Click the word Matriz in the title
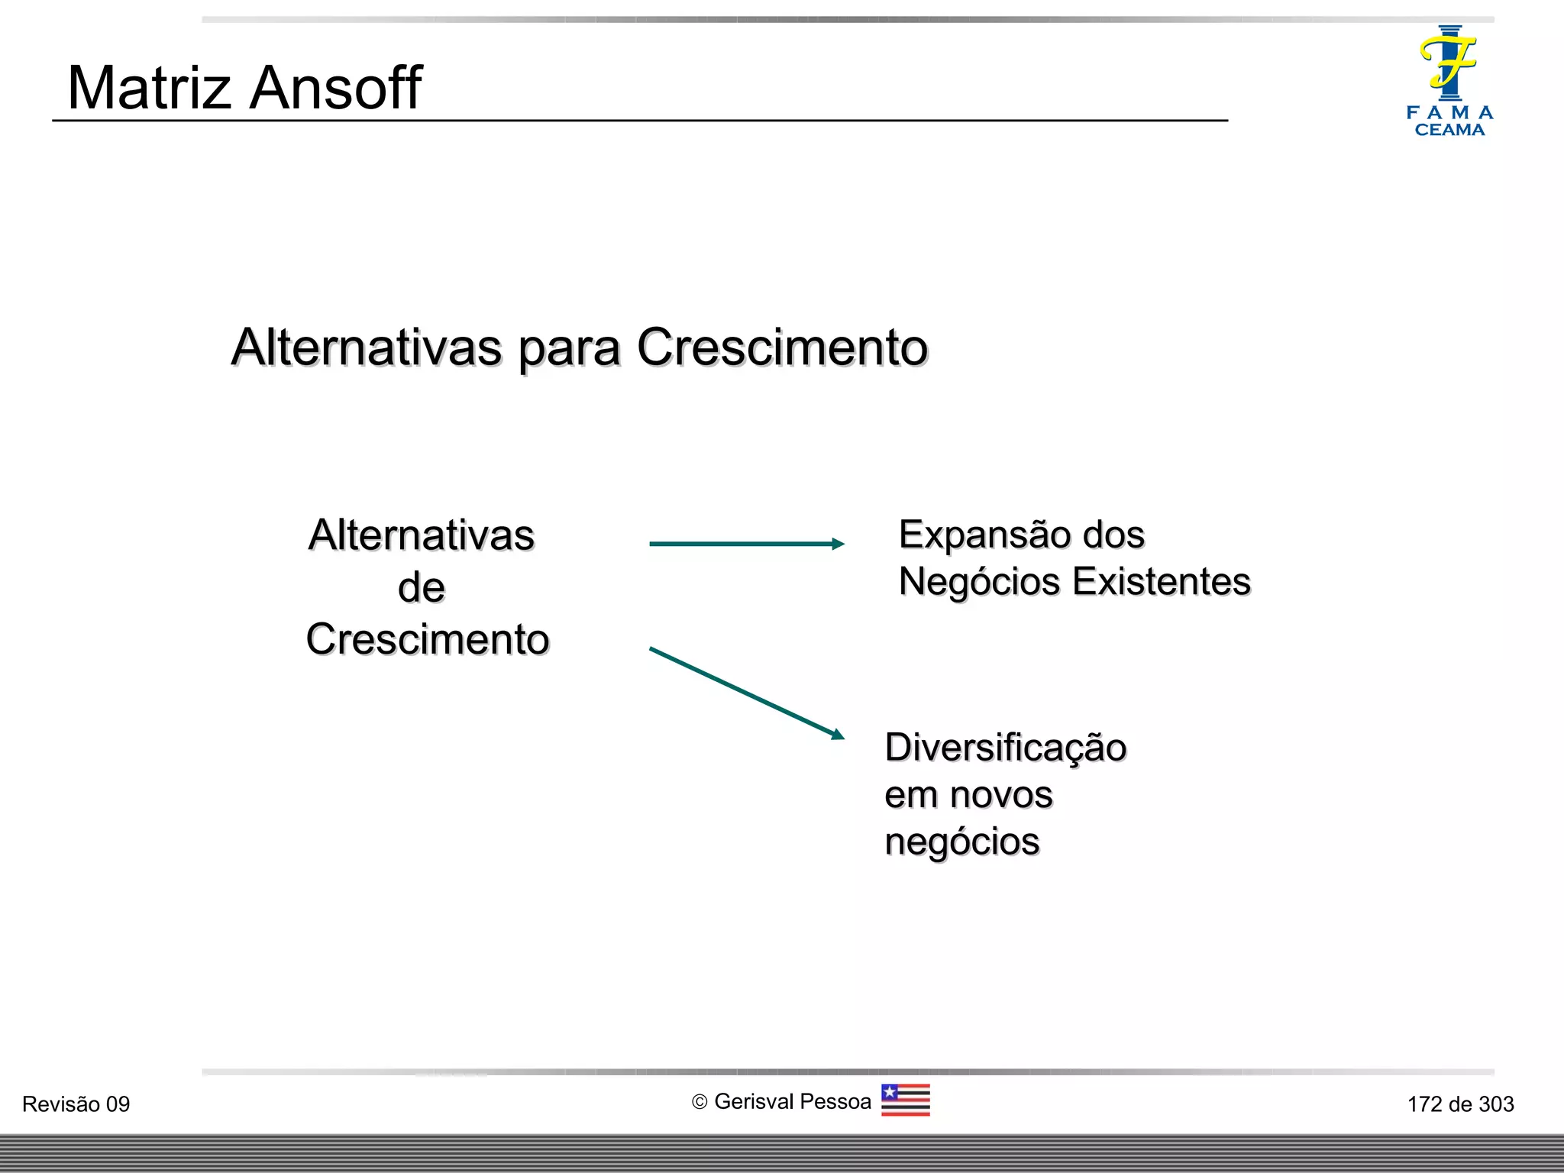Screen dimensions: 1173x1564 coord(149,88)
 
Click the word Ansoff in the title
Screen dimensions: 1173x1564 coord(335,88)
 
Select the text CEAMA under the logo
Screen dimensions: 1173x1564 coord(1449,131)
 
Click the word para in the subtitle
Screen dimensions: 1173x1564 coord(568,348)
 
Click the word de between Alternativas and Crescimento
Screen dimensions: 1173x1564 coord(421,588)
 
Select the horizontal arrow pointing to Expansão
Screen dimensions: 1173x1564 coord(746,544)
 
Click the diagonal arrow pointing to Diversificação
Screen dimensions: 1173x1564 coord(746,693)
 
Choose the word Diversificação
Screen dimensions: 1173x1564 coord(1005,748)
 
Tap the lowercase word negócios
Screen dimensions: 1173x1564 coord(961,842)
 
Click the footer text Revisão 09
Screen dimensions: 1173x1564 coord(76,1104)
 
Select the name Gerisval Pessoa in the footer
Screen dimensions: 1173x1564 coord(792,1101)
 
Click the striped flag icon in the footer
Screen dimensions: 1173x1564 coord(905,1100)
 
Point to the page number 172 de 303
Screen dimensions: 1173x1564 coord(1460,1104)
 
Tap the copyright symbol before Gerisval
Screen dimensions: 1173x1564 coord(699,1102)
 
